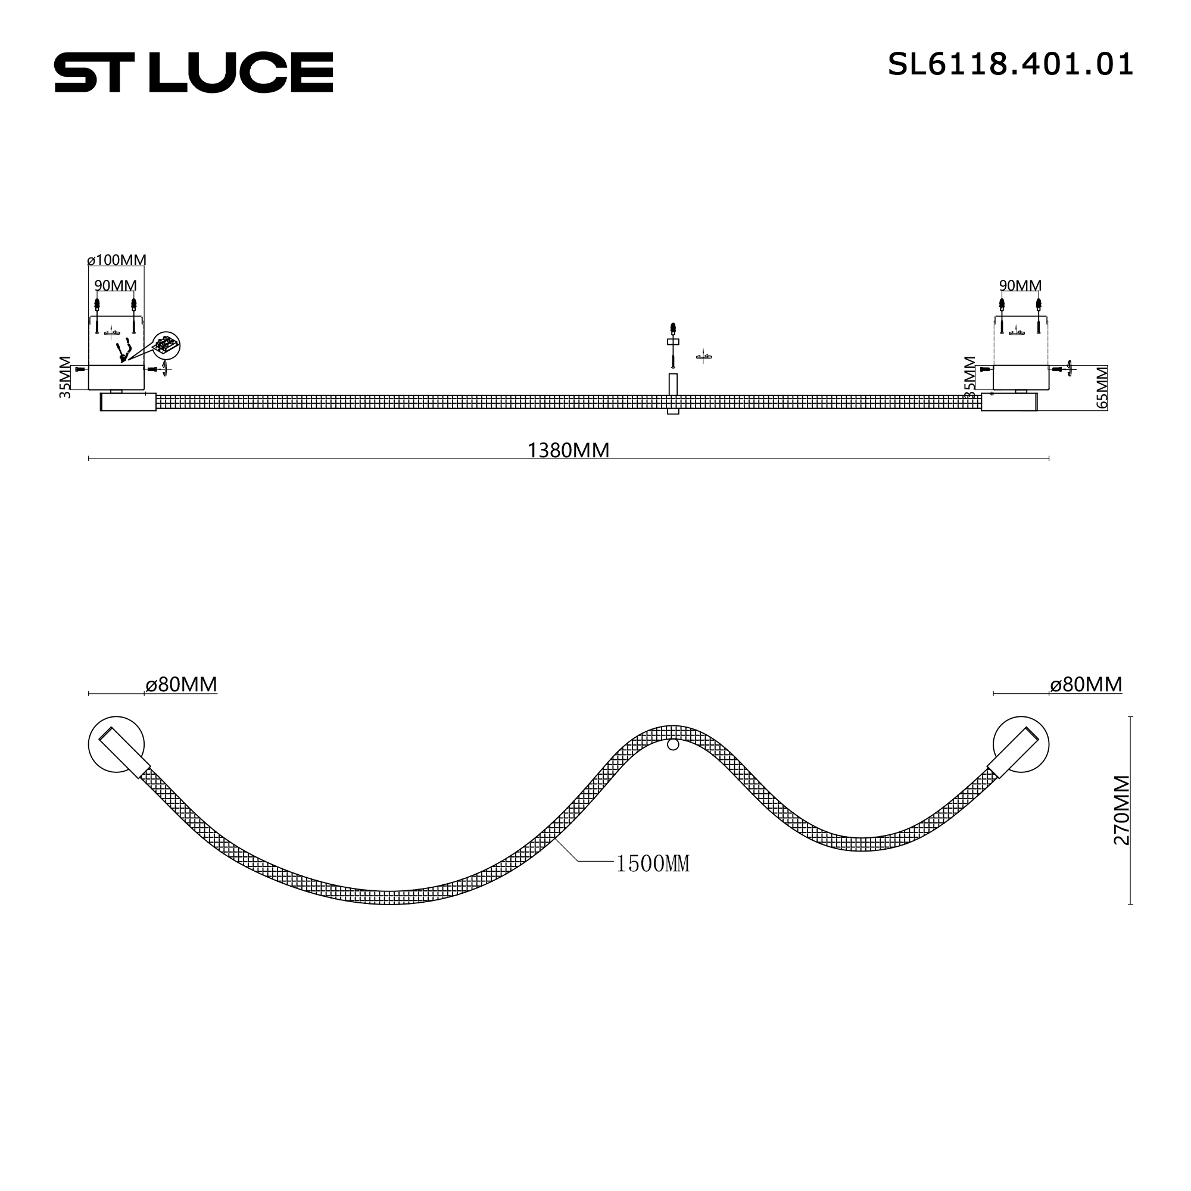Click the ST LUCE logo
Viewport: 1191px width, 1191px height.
click(x=194, y=73)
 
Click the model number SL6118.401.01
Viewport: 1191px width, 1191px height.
click(x=1010, y=65)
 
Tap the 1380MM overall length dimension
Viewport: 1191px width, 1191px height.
click(x=568, y=451)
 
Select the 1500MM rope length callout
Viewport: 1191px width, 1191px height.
click(x=652, y=863)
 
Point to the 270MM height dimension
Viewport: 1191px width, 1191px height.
click(x=1121, y=810)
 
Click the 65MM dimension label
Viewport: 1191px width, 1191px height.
click(x=1102, y=387)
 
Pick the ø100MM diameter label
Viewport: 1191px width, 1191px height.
click(x=117, y=260)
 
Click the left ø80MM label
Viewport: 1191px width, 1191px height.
click(x=181, y=685)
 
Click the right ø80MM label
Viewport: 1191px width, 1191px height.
click(x=1086, y=685)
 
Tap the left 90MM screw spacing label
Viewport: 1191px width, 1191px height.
click(x=116, y=286)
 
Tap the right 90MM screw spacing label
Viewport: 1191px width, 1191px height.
click(x=1020, y=286)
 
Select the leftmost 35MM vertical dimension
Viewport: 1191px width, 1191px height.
click(x=66, y=378)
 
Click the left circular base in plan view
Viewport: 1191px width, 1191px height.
click(x=116, y=744)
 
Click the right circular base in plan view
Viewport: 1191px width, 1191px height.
click(x=1021, y=744)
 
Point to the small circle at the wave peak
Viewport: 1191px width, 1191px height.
click(x=673, y=745)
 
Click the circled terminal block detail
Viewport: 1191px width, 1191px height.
click(x=167, y=345)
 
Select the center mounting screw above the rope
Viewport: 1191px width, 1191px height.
click(x=673, y=345)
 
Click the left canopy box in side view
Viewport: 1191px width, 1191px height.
click(x=116, y=378)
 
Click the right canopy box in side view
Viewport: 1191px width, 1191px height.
click(x=1021, y=378)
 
